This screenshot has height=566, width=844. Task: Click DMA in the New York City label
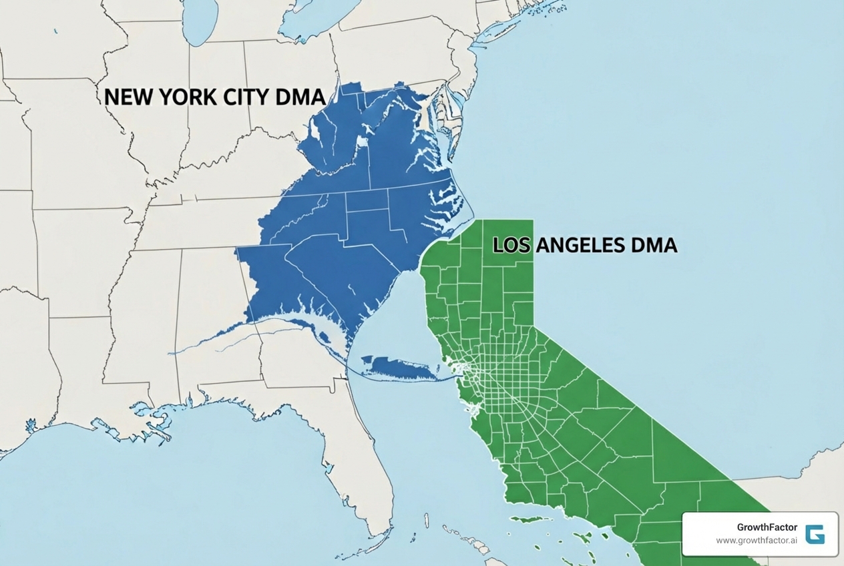pos(300,97)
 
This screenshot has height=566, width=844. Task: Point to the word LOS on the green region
pos(512,245)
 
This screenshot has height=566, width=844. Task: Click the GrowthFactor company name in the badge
pos(767,527)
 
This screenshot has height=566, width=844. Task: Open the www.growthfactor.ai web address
pos(757,541)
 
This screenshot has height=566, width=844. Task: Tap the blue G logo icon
pos(815,534)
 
